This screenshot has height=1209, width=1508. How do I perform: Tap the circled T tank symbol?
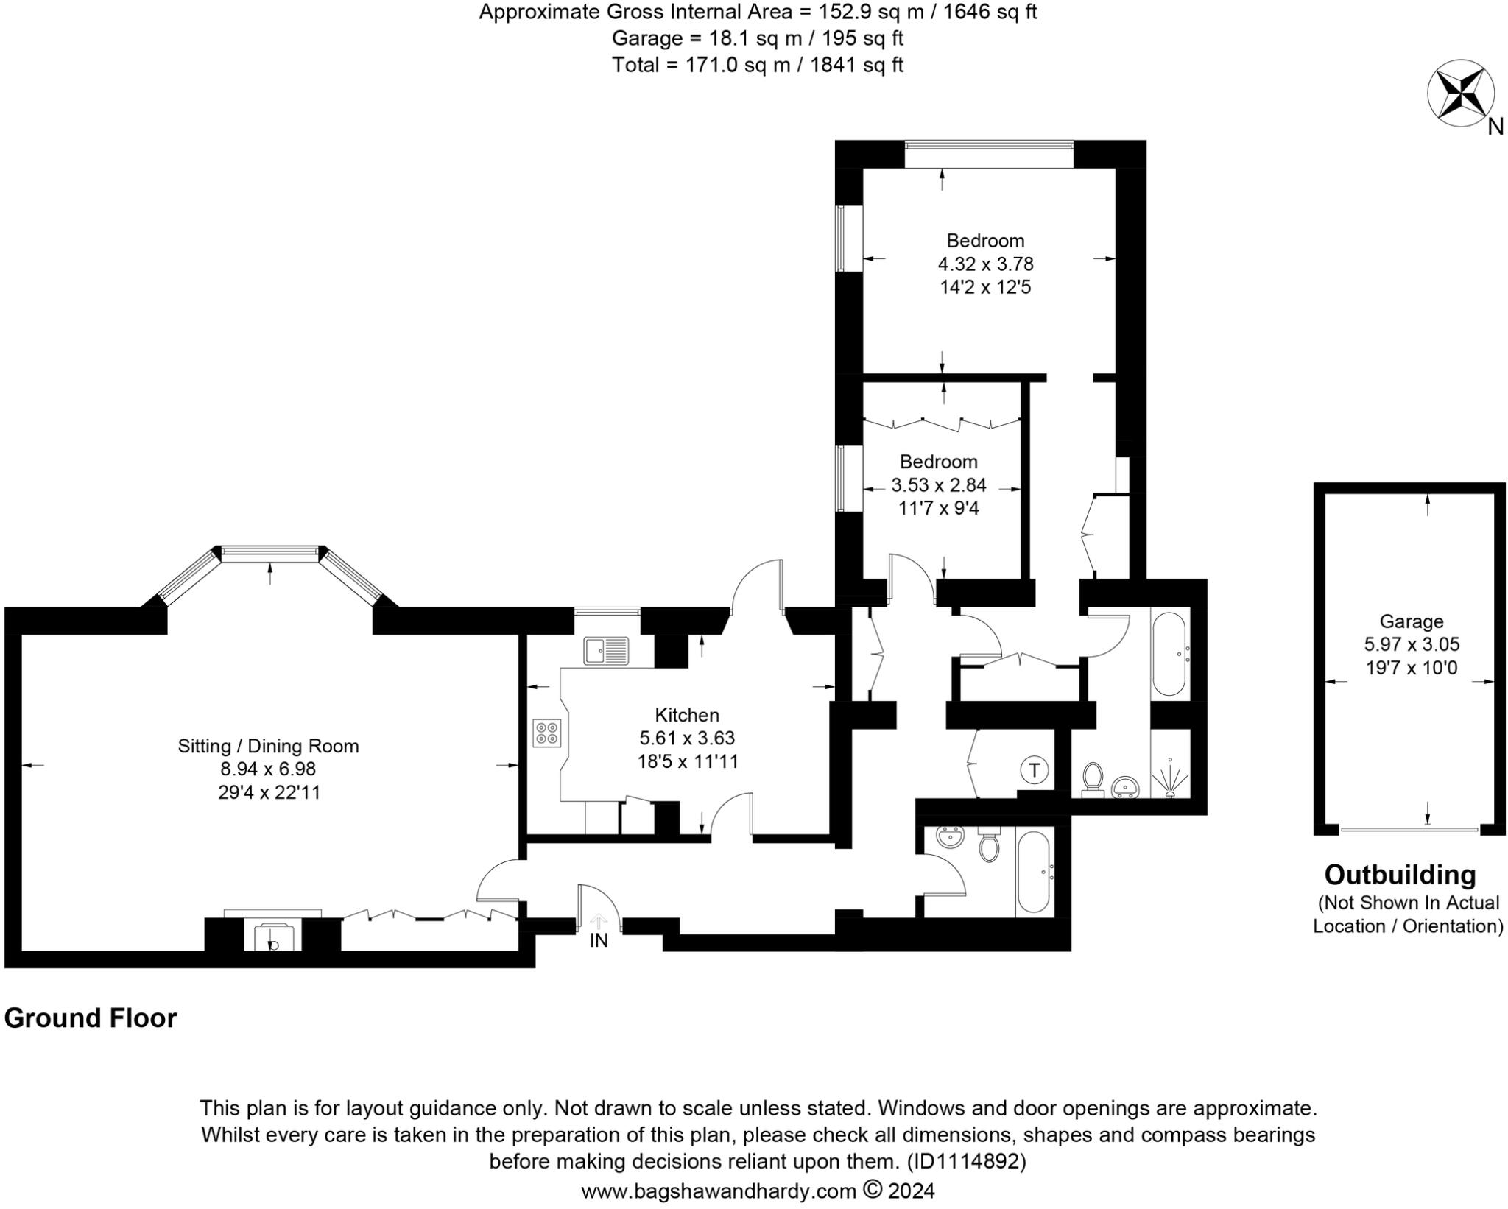(1034, 770)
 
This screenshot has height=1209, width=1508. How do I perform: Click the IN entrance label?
(599, 940)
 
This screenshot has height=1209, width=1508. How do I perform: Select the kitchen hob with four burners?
(547, 733)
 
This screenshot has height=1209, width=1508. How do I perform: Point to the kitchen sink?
(606, 651)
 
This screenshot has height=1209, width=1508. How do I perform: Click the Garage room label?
(1411, 621)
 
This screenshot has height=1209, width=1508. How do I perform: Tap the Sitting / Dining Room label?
(268, 746)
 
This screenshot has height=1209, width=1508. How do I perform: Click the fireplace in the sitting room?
(273, 935)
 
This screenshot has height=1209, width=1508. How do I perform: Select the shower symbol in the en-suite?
(1170, 777)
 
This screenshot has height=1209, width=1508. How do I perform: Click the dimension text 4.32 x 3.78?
(984, 264)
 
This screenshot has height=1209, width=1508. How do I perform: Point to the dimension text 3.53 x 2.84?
(938, 485)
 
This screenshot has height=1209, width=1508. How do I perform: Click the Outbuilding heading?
(1400, 875)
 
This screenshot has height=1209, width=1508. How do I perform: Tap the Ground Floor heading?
(91, 1018)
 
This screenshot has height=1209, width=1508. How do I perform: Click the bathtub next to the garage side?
(1169, 653)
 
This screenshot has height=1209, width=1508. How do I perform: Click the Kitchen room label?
(686, 715)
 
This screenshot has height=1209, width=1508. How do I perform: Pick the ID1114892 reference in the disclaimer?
(966, 1161)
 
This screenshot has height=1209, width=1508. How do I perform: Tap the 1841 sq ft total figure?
(856, 65)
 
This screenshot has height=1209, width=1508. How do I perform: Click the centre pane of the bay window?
(270, 554)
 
